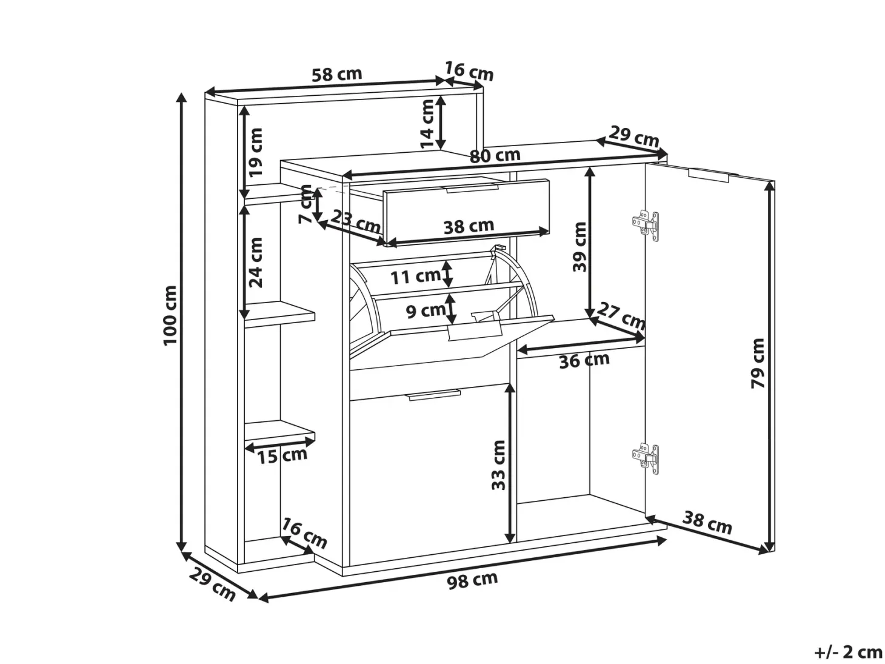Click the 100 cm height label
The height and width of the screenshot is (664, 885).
(170, 315)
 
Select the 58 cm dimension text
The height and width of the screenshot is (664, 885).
(337, 75)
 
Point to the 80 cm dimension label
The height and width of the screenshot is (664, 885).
(495, 156)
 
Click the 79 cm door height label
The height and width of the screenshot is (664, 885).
(758, 363)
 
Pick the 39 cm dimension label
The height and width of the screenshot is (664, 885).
(579, 247)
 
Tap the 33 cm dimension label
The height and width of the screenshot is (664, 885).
(498, 465)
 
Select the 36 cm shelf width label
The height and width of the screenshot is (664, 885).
(584, 360)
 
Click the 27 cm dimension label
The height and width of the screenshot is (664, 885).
(621, 316)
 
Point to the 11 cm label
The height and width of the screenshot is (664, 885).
(416, 277)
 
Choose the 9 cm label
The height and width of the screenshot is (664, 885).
(426, 311)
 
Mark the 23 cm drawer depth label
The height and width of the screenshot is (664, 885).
(355, 222)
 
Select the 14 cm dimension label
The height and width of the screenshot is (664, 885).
(426, 124)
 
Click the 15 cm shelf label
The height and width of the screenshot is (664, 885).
(282, 455)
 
